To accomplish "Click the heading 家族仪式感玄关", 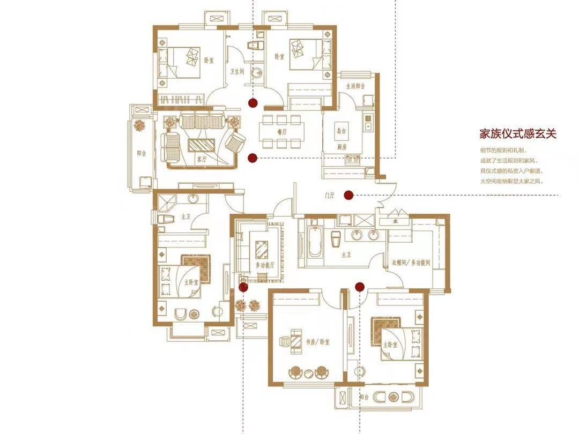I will coord(517,133).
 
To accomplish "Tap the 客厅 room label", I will coord(202,159).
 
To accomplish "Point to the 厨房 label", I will coord(342,146).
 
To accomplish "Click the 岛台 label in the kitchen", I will coord(341,130).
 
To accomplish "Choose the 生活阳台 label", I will coord(355,86).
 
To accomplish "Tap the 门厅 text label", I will coord(329,196).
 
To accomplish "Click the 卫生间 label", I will coord(237,71).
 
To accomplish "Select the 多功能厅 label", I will coord(265,265).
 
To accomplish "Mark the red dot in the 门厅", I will coord(348,195).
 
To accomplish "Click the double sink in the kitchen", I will coord(352,159).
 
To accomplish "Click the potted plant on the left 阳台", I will coord(140,126).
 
